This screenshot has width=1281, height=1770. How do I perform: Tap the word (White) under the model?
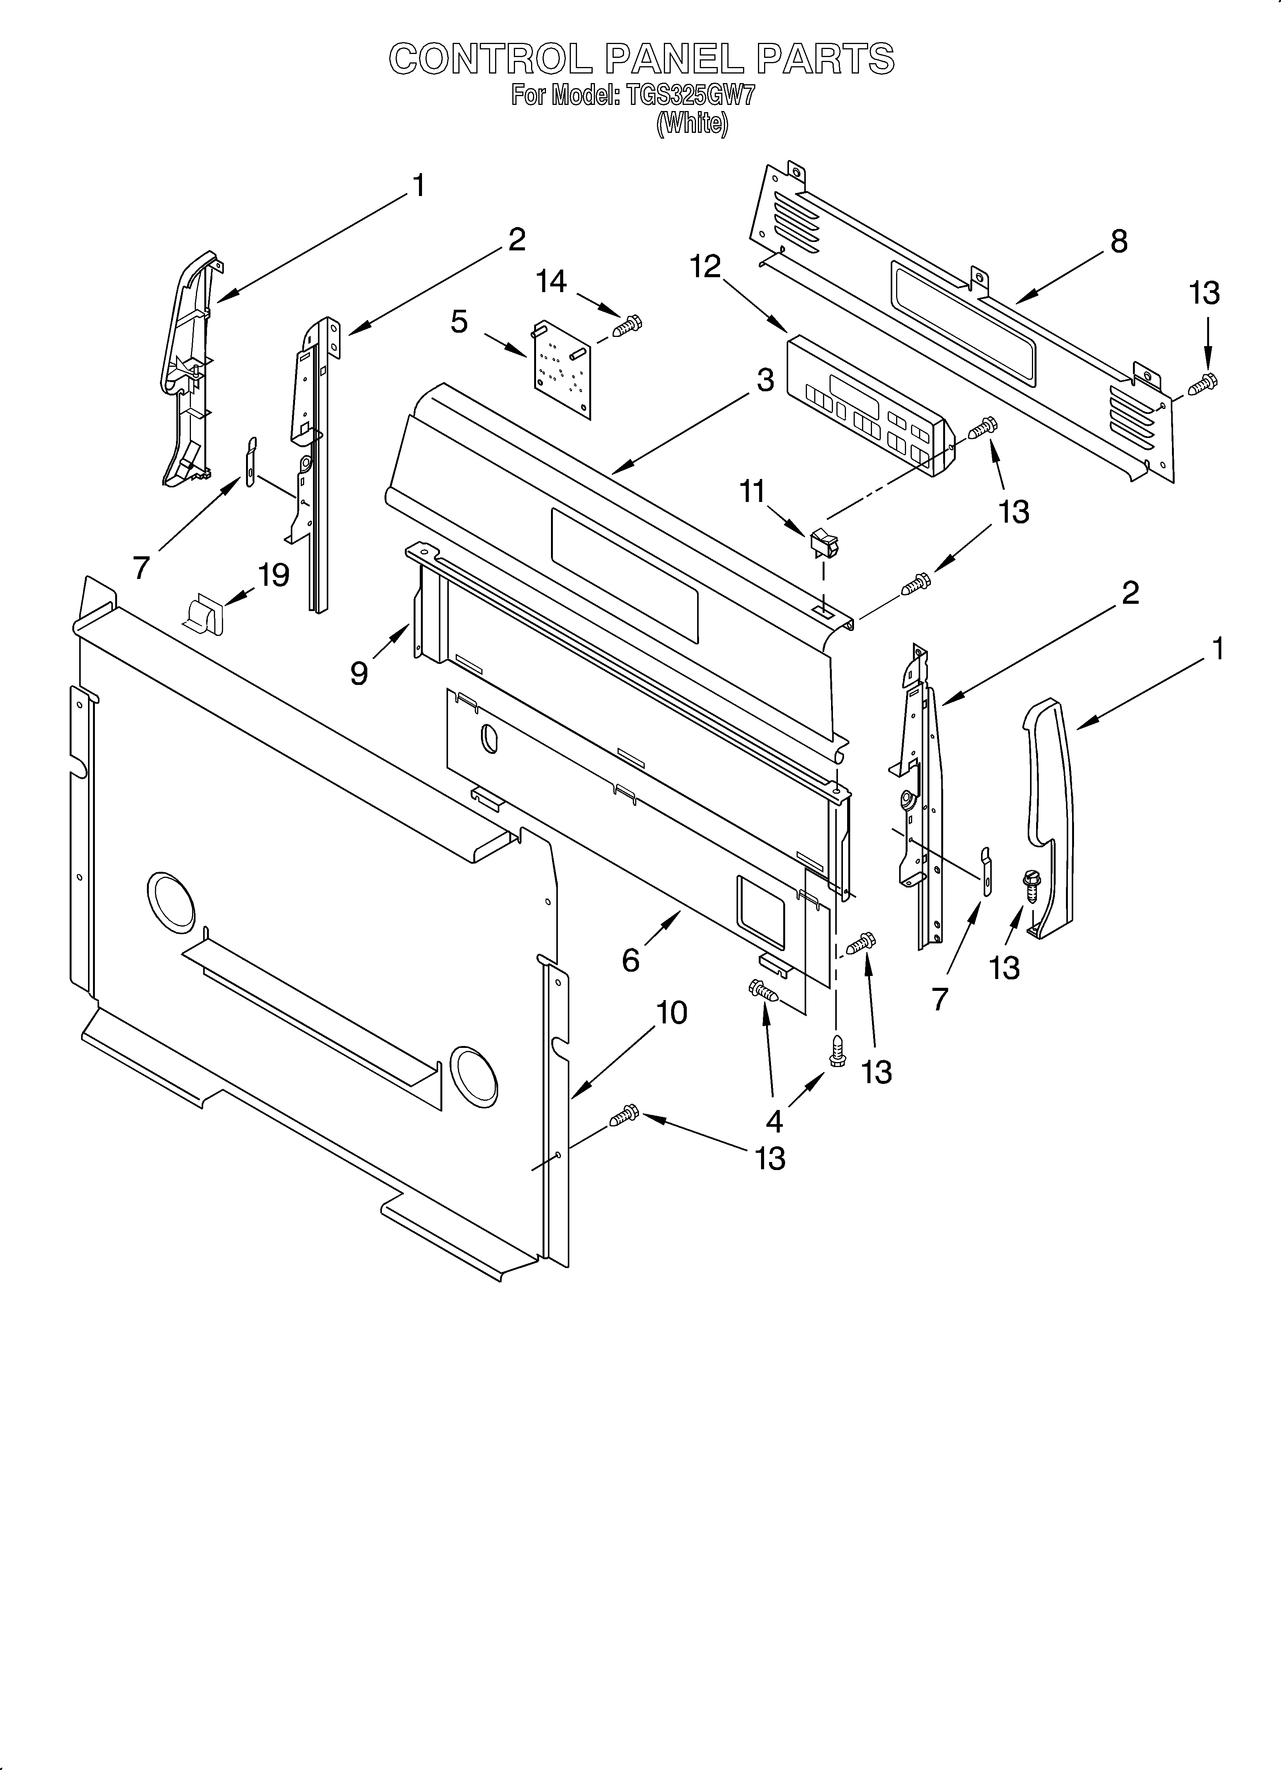click(692, 123)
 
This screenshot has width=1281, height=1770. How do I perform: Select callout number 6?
click(630, 959)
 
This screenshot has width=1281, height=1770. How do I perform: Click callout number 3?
click(765, 380)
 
